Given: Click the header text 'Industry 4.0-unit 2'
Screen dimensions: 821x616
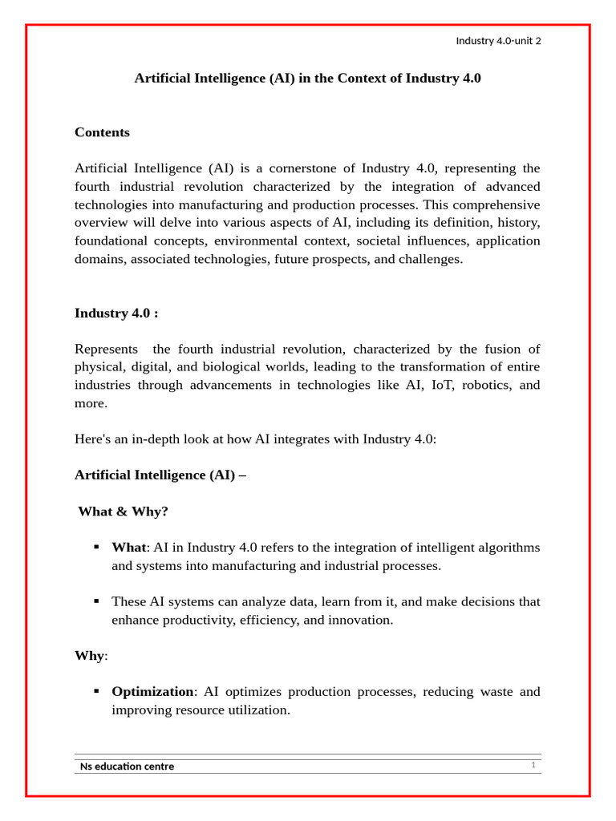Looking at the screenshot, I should [498, 41].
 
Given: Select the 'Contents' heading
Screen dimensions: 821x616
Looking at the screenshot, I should [102, 132].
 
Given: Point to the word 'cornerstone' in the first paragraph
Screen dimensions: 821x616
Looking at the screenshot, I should [315, 168].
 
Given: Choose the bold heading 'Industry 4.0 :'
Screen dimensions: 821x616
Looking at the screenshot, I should [116, 313].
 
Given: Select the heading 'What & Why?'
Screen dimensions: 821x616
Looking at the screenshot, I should [123, 512].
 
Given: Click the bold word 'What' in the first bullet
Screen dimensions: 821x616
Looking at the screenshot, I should [128, 548].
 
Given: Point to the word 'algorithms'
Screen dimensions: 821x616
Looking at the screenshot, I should [508, 548].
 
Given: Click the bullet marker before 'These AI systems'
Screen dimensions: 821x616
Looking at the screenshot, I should [97, 601].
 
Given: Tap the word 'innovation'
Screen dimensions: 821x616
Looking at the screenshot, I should [359, 620].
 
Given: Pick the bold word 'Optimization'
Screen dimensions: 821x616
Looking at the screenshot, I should [152, 692].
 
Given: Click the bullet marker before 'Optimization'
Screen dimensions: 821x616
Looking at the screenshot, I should [97, 690].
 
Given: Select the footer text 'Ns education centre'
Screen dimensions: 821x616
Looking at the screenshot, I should [127, 766].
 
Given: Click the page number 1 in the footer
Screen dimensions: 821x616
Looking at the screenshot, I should [533, 765].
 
